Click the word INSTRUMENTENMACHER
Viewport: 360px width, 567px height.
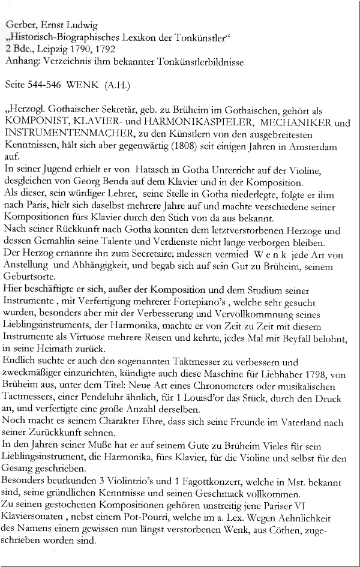[61, 134]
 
